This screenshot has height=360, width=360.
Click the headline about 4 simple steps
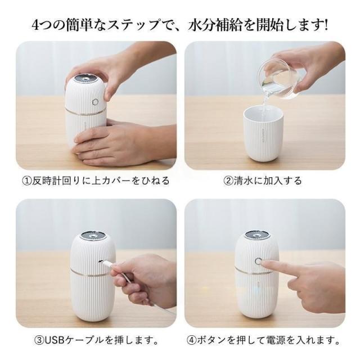180,25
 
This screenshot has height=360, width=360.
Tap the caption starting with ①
96,181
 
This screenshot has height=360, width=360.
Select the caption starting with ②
263,181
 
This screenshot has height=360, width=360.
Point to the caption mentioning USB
96,340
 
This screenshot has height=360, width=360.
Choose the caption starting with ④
263,340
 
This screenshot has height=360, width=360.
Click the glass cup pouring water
279,78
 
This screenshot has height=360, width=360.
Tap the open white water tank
263,134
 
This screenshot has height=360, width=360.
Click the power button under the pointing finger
258,261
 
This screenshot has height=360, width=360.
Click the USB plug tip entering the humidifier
102,262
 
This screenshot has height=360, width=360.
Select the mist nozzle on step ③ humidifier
94,236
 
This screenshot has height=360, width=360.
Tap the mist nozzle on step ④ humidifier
258,235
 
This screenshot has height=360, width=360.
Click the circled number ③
39,340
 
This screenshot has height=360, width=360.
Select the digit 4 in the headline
35,25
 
